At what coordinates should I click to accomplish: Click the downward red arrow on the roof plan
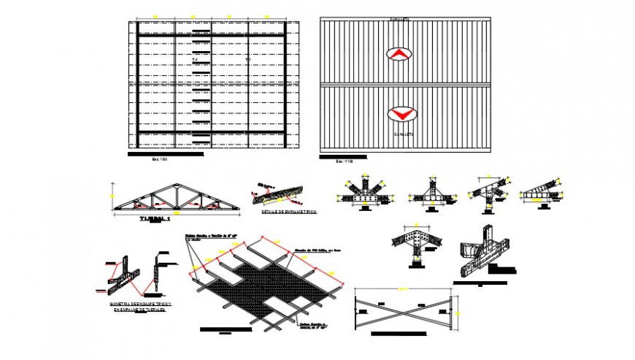(399, 114)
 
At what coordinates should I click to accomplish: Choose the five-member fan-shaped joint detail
(363, 193)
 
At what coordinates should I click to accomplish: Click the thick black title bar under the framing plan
(166, 154)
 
